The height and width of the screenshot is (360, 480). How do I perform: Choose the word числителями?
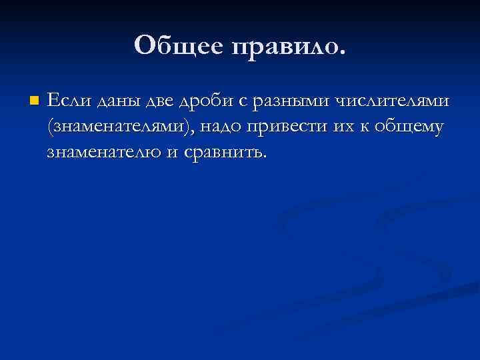click(x=391, y=101)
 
